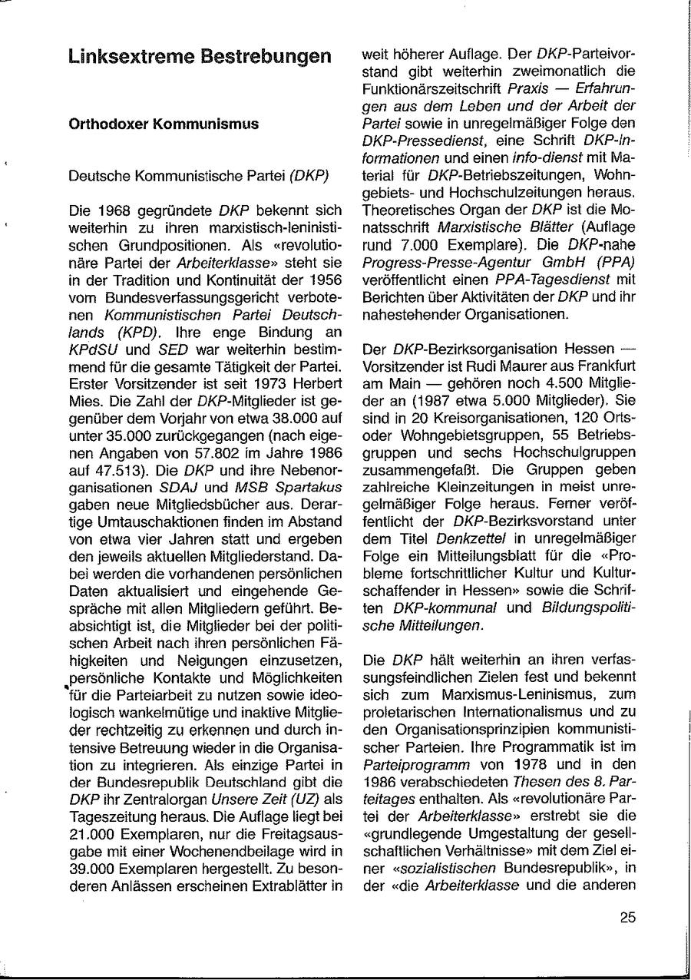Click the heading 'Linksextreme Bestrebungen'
[x=200, y=57]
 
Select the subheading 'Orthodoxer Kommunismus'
[x=164, y=124]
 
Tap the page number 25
[x=627, y=916]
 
